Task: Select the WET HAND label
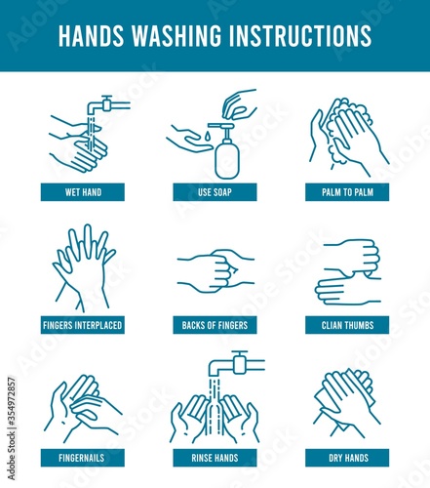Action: pos(83,192)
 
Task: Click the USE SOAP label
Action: pos(215,192)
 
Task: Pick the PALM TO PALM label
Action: pos(347,192)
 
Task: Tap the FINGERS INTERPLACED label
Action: pos(83,325)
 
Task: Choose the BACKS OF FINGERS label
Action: pos(215,325)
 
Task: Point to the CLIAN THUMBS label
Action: pos(347,325)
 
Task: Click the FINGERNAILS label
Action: pos(83,458)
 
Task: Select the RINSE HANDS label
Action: pos(215,458)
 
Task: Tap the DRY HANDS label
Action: pos(347,458)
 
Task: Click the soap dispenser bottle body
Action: pos(227,159)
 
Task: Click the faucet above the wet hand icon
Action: pos(108,105)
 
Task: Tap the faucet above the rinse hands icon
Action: pos(237,364)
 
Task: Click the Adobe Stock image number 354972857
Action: pos(12,428)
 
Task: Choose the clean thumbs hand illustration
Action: pos(348,272)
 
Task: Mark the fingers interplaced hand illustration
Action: pos(84,268)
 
